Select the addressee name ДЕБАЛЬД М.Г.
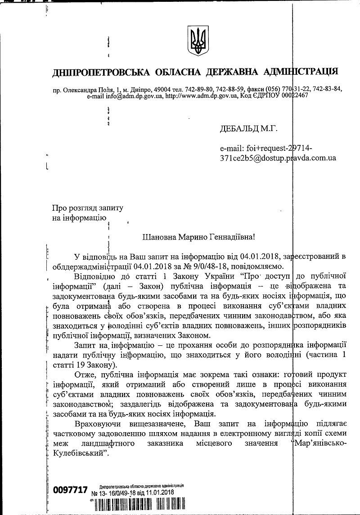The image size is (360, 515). tap(248, 129)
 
